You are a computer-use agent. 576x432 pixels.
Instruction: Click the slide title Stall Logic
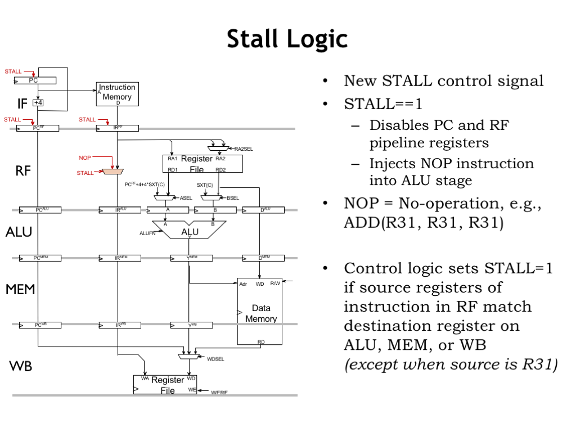(287, 39)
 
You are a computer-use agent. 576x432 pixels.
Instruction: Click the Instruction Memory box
(117, 93)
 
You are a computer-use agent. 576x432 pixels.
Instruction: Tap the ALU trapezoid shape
(189, 231)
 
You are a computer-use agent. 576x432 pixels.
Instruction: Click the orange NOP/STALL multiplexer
(113, 170)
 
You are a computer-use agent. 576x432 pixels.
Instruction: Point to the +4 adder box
(38, 103)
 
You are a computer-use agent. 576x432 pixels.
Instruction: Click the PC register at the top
(35, 80)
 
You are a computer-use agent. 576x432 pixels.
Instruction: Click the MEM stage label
(21, 290)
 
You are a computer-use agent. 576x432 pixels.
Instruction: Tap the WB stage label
(21, 367)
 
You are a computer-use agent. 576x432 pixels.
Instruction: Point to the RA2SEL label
(244, 149)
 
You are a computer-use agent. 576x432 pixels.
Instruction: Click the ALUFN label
(147, 233)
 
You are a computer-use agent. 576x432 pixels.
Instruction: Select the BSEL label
(233, 198)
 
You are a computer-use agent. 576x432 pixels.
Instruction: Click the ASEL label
(186, 198)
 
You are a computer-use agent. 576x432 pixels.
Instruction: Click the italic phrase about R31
(451, 364)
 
